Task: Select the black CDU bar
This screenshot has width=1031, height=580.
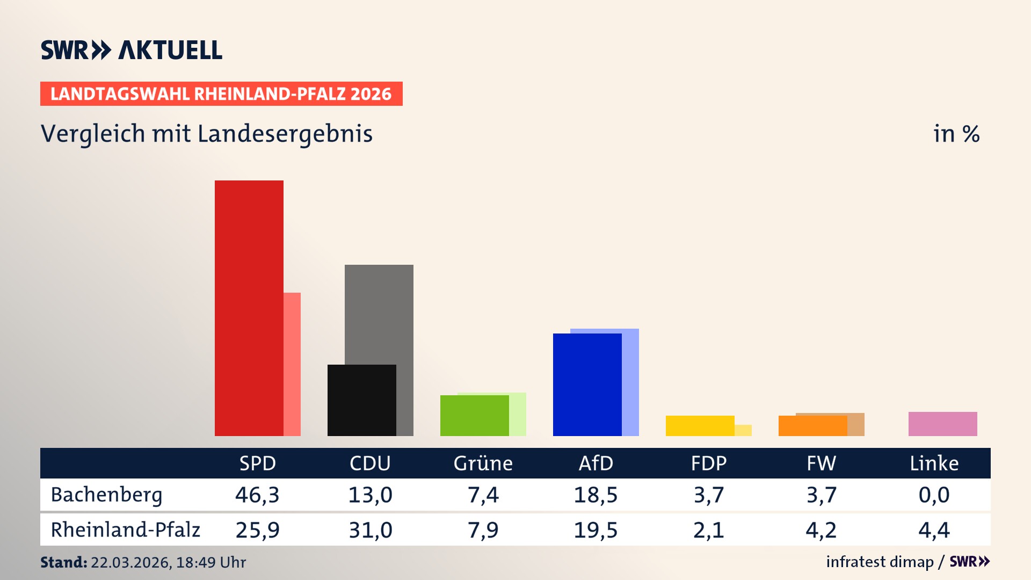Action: pos(361,400)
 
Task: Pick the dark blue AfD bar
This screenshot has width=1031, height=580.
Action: pos(587,385)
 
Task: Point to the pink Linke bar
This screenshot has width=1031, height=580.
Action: pos(942,424)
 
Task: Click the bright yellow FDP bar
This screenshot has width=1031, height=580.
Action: pos(700,425)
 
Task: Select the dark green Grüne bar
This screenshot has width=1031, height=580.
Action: pos(474,416)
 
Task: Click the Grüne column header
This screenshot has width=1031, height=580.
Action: pos(483,463)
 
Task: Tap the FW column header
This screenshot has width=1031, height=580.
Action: pos(821,463)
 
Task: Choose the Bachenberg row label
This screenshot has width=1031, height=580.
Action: pos(106,495)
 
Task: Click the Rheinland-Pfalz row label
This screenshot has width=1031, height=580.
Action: pos(125,530)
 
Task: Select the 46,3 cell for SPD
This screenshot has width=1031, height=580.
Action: pos(257,495)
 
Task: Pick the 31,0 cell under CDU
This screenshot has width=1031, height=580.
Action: pos(370,530)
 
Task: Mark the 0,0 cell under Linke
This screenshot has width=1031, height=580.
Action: pos(934,495)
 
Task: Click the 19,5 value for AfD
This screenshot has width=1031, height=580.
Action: pos(596,530)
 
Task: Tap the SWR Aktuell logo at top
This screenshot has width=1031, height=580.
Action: pos(131,50)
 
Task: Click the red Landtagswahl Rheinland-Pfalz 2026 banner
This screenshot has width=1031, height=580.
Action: pos(221,94)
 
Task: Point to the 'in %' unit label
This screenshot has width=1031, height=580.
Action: pos(956,134)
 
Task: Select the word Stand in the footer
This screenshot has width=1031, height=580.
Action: pos(63,562)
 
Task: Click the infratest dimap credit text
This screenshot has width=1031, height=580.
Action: pos(880,562)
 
